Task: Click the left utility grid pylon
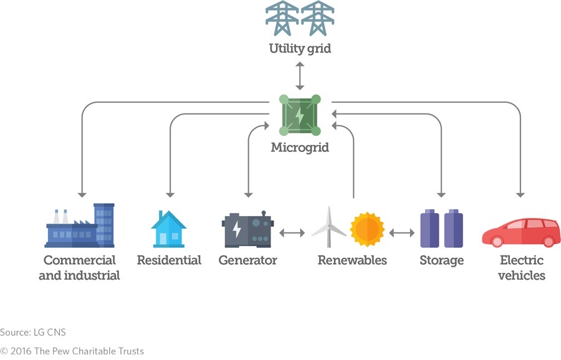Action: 282,19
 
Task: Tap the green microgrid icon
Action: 300,115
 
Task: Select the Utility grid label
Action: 300,49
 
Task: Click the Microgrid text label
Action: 300,148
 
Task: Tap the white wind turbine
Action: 328,227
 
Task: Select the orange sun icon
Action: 367,229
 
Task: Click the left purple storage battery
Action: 429,229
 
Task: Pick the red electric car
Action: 521,232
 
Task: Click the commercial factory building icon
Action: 80,225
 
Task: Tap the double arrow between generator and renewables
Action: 292,233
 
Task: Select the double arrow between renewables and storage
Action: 402,233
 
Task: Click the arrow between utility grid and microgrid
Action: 300,75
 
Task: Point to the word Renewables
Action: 352,260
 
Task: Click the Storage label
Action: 441,260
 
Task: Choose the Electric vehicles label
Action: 521,267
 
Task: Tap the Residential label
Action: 169,260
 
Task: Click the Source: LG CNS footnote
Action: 32,332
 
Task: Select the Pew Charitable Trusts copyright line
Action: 72,351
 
